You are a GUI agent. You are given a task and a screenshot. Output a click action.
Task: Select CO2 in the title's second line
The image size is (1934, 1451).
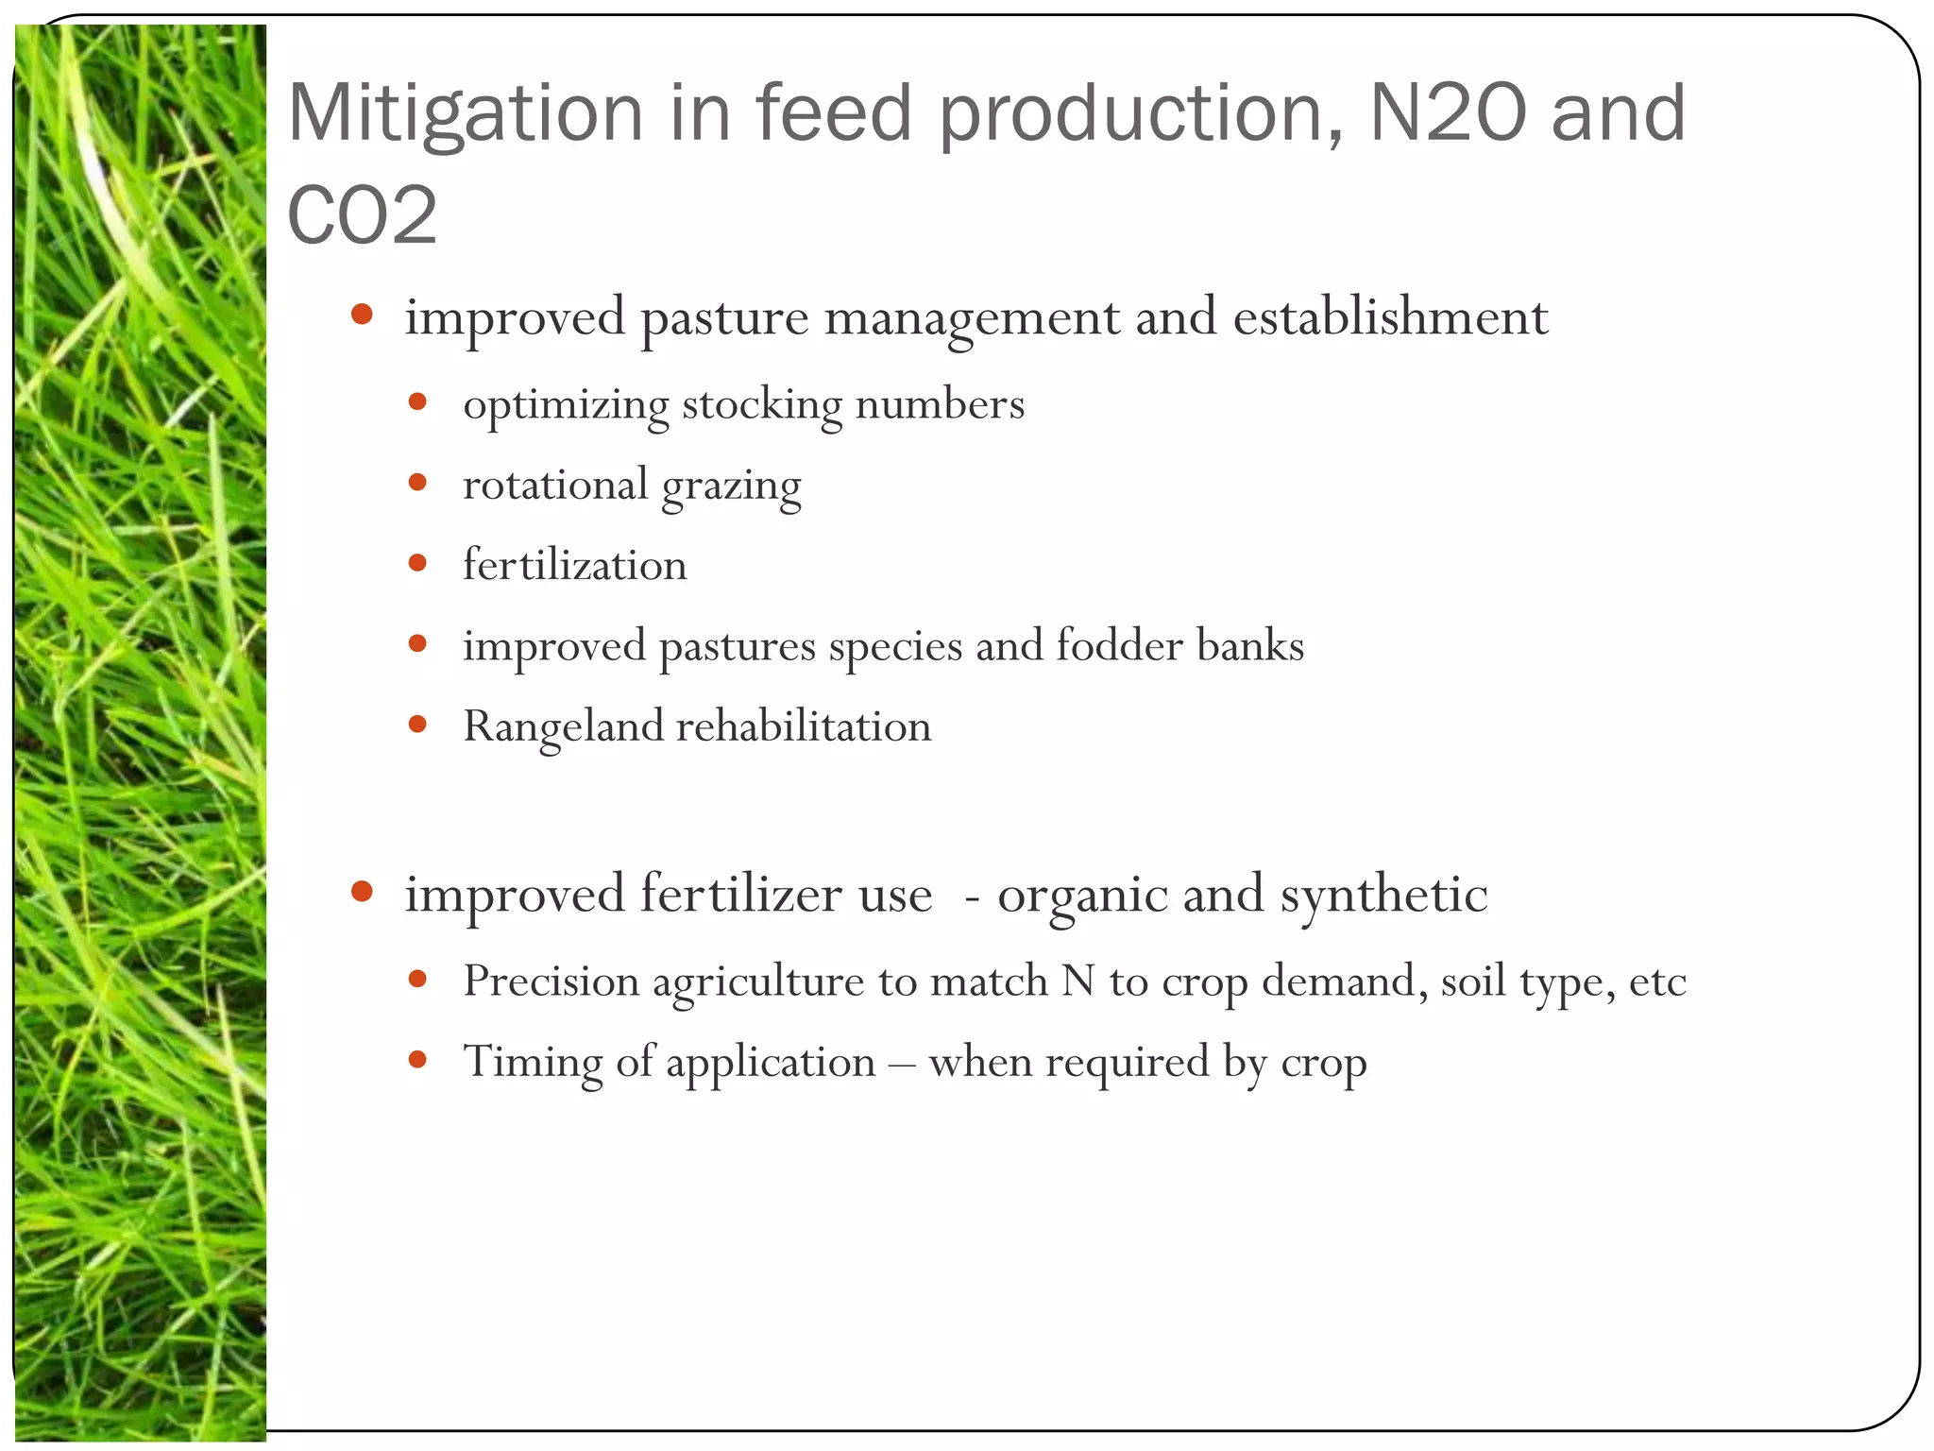pyautogui.click(x=362, y=215)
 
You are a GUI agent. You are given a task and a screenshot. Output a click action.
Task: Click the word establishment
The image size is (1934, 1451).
pyautogui.click(x=1390, y=316)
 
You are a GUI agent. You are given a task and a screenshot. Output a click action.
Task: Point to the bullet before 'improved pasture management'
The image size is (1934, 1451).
pyautogui.click(x=362, y=315)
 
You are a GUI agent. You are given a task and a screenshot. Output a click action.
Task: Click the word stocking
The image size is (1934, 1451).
pyautogui.click(x=761, y=405)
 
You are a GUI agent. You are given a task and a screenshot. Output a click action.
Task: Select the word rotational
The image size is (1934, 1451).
pyautogui.click(x=554, y=485)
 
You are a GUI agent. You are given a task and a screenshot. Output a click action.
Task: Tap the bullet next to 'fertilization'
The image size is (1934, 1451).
pyautogui.click(x=417, y=564)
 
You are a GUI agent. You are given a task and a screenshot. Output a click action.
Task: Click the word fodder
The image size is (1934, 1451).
pyautogui.click(x=1119, y=645)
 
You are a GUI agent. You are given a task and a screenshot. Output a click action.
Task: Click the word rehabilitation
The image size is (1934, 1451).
pyautogui.click(x=804, y=726)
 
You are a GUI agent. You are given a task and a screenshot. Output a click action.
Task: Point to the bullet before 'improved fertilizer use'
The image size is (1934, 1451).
pyautogui.click(x=362, y=892)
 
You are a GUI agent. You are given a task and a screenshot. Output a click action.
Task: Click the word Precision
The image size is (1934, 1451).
pyautogui.click(x=551, y=981)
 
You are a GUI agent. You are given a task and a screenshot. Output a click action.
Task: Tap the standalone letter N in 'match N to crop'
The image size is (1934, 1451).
pyautogui.click(x=1077, y=981)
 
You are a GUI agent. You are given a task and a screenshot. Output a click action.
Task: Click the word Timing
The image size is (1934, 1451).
pyautogui.click(x=532, y=1063)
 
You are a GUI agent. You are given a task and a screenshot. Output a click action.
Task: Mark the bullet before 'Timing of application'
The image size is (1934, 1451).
pyautogui.click(x=417, y=1060)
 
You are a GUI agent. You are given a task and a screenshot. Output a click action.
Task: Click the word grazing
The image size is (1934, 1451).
pyautogui.click(x=731, y=487)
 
